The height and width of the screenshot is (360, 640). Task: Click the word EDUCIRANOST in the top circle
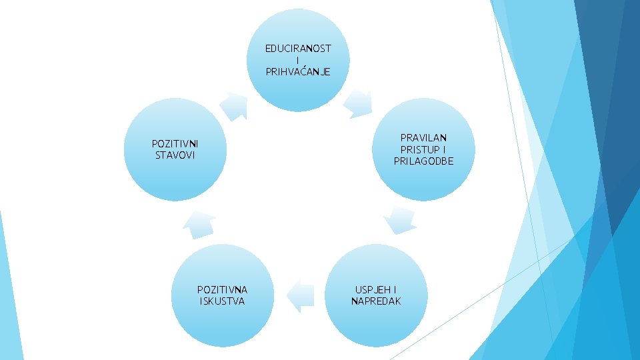pos(298,49)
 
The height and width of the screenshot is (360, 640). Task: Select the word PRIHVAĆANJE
pos(298,71)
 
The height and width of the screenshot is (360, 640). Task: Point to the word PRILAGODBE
pos(423,161)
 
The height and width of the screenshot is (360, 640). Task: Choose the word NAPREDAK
pos(376,301)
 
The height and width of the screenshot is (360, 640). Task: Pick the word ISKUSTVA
pos(222,301)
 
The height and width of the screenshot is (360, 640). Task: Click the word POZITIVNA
pos(222,290)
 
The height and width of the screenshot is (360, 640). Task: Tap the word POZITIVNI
pos(175,144)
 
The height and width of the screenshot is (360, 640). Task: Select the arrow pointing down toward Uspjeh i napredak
pos(401,220)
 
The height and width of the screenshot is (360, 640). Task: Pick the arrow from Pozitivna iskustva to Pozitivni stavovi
pos(199,225)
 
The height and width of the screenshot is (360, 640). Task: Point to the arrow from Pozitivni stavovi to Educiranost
pos(234,105)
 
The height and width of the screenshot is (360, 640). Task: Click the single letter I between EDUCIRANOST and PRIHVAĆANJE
pos(298,60)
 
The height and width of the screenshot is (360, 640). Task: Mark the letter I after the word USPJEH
pos(395,290)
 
